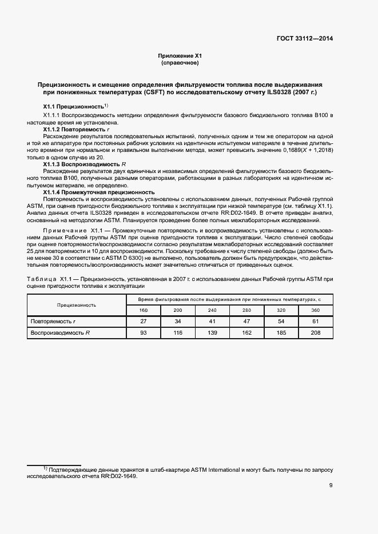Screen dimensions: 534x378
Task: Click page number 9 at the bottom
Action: tap(331, 485)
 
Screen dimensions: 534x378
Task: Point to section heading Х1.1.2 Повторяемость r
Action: tap(73, 130)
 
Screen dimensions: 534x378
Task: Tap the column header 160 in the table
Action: tap(143, 310)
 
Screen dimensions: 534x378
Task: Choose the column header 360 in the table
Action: tap(315, 310)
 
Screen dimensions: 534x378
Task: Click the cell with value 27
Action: tap(143, 322)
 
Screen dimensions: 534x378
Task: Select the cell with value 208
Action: tap(315, 332)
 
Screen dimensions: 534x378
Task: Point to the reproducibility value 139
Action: tap(212, 332)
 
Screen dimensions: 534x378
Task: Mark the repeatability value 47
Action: tap(246, 322)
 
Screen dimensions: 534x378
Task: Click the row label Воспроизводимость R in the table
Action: tap(61, 332)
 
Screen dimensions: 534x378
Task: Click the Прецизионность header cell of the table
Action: tap(76, 304)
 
